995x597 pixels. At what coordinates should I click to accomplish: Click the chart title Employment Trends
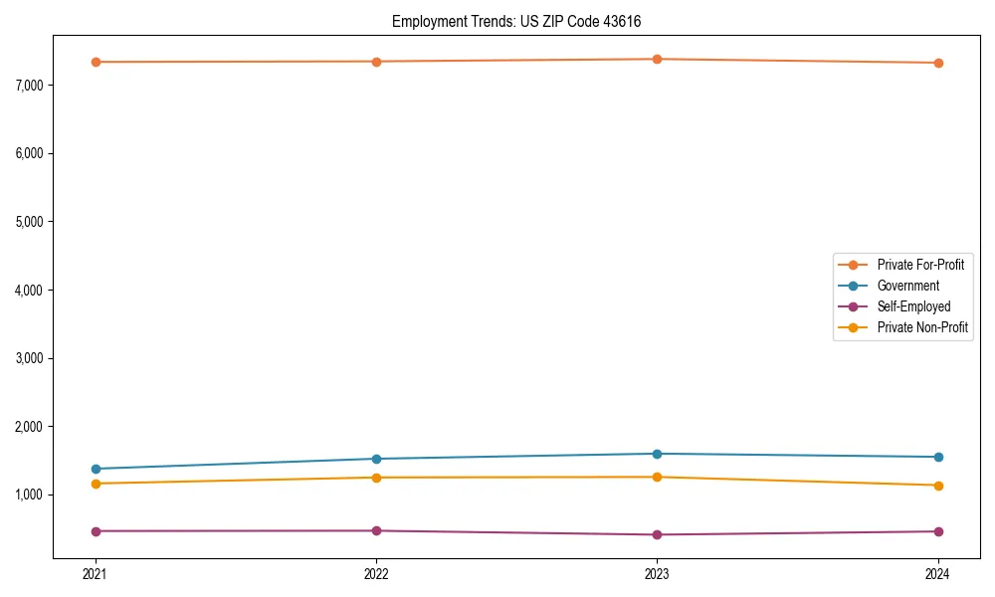coord(523,21)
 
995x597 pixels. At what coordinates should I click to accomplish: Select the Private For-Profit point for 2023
coord(657,59)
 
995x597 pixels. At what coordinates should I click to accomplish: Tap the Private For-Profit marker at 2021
coord(96,62)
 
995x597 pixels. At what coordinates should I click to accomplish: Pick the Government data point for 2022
coord(376,459)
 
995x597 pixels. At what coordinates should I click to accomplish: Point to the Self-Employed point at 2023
coord(657,534)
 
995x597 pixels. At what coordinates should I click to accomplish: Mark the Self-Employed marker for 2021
coord(96,531)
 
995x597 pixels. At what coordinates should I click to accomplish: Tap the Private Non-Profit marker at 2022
coord(376,478)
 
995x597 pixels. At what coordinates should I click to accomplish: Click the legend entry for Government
coord(907,286)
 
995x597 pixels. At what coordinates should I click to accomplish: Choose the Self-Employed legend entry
coord(913,306)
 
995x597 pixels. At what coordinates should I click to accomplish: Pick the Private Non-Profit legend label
coord(922,327)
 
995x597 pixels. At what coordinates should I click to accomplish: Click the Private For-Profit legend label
coord(920,265)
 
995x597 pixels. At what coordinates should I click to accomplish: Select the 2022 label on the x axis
coord(376,574)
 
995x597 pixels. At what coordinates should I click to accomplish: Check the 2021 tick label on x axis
coord(96,574)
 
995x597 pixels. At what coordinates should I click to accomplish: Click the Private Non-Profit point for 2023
coord(657,477)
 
